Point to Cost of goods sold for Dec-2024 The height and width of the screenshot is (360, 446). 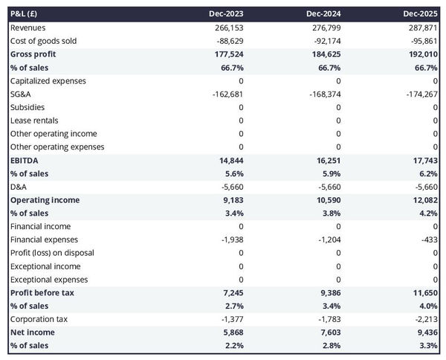coord(325,41)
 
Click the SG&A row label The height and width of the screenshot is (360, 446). coord(21,94)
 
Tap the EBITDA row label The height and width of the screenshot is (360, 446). coord(25,160)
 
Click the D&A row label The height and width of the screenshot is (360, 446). coord(19,187)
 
